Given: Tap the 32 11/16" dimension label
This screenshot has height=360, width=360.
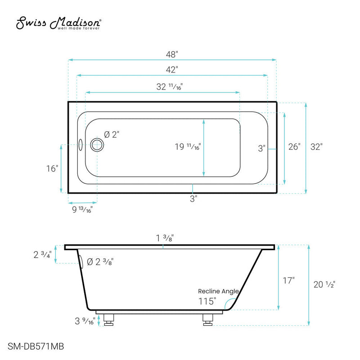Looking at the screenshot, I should click(169, 87).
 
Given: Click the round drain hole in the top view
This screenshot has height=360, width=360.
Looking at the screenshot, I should click(97, 145).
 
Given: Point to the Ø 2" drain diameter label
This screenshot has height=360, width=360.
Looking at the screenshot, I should click(112, 134).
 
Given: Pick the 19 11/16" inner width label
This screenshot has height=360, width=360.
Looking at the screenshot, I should click(188, 147).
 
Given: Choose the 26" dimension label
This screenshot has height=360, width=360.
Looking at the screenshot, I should click(294, 147).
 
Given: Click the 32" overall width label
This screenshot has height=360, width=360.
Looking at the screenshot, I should click(316, 147).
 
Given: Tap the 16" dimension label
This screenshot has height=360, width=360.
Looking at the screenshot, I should click(52, 169).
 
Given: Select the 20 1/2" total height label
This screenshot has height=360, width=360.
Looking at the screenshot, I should click(324, 284).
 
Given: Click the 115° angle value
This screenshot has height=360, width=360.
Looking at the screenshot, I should click(207, 301).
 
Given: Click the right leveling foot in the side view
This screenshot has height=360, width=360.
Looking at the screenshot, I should click(207, 319).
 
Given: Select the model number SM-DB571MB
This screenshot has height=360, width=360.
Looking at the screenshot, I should click(36, 346).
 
